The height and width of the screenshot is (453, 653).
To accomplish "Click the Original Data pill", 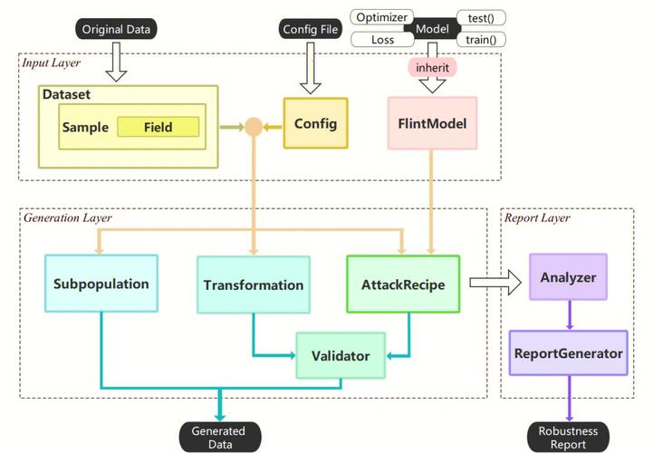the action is (x=116, y=29).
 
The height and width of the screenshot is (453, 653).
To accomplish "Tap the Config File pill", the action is (x=311, y=29).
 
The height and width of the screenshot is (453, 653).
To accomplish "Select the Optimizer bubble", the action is (x=382, y=17).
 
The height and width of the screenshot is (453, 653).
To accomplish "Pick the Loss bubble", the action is (x=382, y=40).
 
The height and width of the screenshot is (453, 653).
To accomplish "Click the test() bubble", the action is (x=481, y=18).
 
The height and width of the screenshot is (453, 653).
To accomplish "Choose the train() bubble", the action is (x=481, y=40).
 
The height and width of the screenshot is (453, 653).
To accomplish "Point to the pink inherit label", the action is (x=432, y=68).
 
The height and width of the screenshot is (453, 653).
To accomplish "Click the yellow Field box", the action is (x=158, y=127).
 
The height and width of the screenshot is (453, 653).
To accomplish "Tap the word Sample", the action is (x=85, y=127).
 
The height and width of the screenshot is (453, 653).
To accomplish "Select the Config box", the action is (x=316, y=123).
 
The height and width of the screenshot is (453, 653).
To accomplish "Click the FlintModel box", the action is (x=432, y=123).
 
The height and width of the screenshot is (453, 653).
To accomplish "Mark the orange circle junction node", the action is (x=254, y=127).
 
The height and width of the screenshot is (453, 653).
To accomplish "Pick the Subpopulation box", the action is (x=101, y=284).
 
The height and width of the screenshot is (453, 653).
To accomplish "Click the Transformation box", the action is (x=254, y=284).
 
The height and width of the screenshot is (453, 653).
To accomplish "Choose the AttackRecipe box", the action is (x=403, y=284).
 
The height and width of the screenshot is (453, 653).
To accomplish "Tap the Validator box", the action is (x=341, y=355).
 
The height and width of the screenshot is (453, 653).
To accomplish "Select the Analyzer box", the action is (x=568, y=277).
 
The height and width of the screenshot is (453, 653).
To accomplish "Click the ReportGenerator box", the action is (x=569, y=353).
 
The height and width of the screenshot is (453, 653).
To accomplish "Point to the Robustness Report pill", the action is (x=568, y=438).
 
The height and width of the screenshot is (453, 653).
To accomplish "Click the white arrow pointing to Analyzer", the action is (x=495, y=283).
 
